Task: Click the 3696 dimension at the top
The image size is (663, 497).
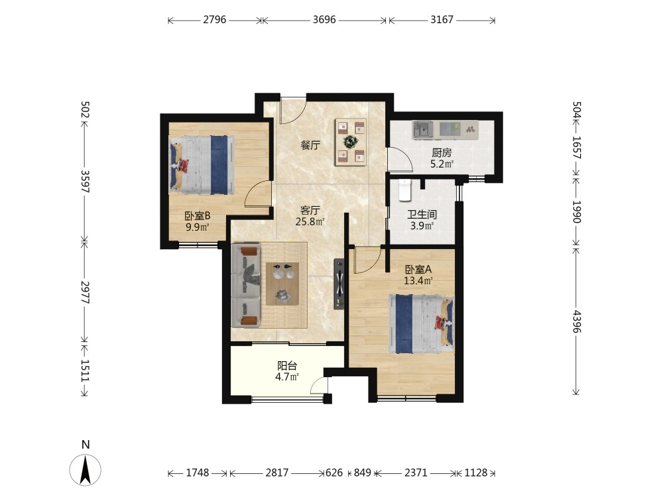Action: [x=324, y=20]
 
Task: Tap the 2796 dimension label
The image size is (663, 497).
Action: [x=214, y=20]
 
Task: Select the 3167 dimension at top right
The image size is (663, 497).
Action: [x=442, y=20]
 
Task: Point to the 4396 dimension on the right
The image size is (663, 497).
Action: [x=576, y=321]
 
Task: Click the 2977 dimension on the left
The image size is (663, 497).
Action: [x=85, y=292]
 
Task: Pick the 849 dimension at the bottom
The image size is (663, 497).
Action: [x=363, y=472]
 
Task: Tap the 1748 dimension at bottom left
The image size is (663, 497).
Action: [x=198, y=472]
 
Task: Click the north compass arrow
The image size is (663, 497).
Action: [x=86, y=470]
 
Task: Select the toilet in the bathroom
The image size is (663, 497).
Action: [x=405, y=190]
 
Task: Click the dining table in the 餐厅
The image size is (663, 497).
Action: [x=351, y=142]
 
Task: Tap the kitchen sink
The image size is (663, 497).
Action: [x=423, y=129]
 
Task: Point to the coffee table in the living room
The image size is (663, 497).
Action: [x=282, y=284]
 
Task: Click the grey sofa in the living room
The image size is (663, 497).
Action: [x=246, y=285]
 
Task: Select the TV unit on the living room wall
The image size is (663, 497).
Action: [x=339, y=284]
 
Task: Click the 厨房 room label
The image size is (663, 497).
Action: [x=442, y=152]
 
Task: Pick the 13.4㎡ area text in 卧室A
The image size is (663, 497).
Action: [x=418, y=280]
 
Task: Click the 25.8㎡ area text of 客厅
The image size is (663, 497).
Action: [x=310, y=221]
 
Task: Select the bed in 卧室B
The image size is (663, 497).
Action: [x=202, y=165]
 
